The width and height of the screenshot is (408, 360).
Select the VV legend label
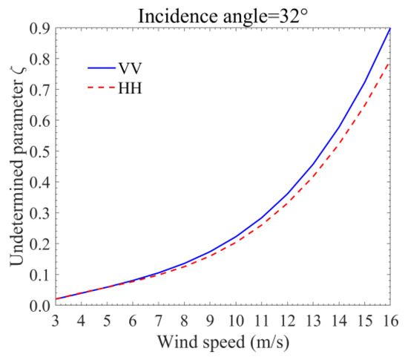127,68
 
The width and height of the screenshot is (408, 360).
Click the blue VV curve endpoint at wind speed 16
390,29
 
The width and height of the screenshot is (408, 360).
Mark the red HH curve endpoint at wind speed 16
390,62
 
